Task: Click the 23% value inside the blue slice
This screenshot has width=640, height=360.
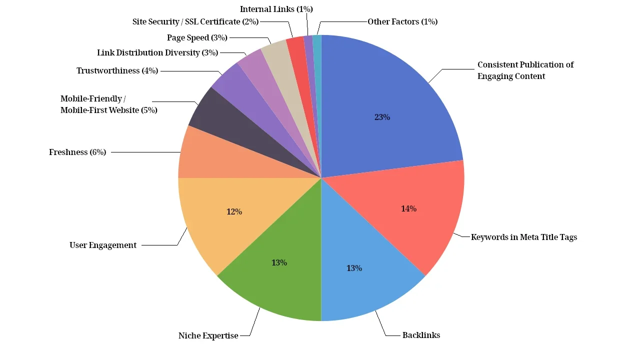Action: pyautogui.click(x=382, y=117)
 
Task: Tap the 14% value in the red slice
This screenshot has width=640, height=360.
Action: pyautogui.click(x=408, y=209)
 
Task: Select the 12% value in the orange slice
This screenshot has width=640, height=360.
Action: pyautogui.click(x=234, y=212)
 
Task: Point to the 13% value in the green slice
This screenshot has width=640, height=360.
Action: pyautogui.click(x=279, y=263)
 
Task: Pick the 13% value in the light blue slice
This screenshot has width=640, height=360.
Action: pyautogui.click(x=354, y=268)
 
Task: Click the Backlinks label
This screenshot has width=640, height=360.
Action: pyautogui.click(x=421, y=335)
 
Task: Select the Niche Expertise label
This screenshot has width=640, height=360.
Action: pyautogui.click(x=208, y=336)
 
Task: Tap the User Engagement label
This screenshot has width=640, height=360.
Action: pyautogui.click(x=103, y=245)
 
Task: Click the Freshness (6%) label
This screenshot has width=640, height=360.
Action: pyautogui.click(x=77, y=152)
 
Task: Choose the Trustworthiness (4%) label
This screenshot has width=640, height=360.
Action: pyautogui.click(x=117, y=71)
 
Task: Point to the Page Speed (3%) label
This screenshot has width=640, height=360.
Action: pyautogui.click(x=197, y=38)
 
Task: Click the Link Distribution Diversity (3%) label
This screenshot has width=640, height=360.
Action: pyautogui.click(x=157, y=53)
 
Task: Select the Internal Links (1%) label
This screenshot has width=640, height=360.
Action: pyautogui.click(x=276, y=9)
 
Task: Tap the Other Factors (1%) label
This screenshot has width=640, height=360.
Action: pyautogui.click(x=402, y=22)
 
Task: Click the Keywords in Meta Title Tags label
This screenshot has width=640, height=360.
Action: pyautogui.click(x=524, y=237)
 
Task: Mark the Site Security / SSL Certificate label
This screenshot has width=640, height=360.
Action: pyautogui.click(x=195, y=22)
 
